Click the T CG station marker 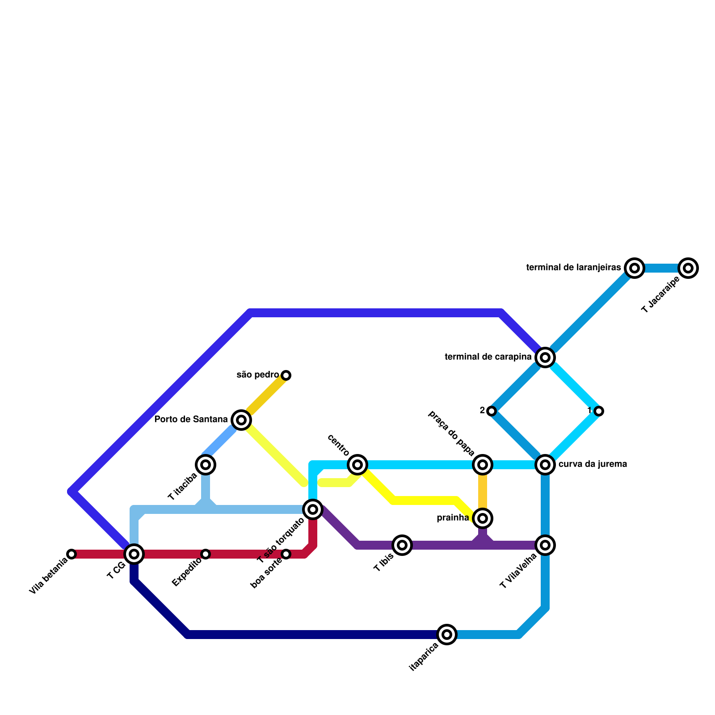(134, 554)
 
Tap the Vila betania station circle (71, 554)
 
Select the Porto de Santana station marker (241, 420)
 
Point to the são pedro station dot (286, 375)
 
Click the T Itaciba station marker (206, 465)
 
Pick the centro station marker (357, 465)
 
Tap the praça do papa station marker (483, 465)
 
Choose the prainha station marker (483, 518)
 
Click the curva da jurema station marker (545, 465)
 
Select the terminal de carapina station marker (545, 357)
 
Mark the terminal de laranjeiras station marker (635, 268)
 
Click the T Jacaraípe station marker (688, 268)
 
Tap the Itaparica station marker (447, 635)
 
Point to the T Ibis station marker (402, 545)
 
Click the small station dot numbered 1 (599, 411)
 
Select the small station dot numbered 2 (492, 411)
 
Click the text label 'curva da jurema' (593, 464)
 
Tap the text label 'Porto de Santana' (191, 420)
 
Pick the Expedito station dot (206, 554)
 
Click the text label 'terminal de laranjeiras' (574, 268)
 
